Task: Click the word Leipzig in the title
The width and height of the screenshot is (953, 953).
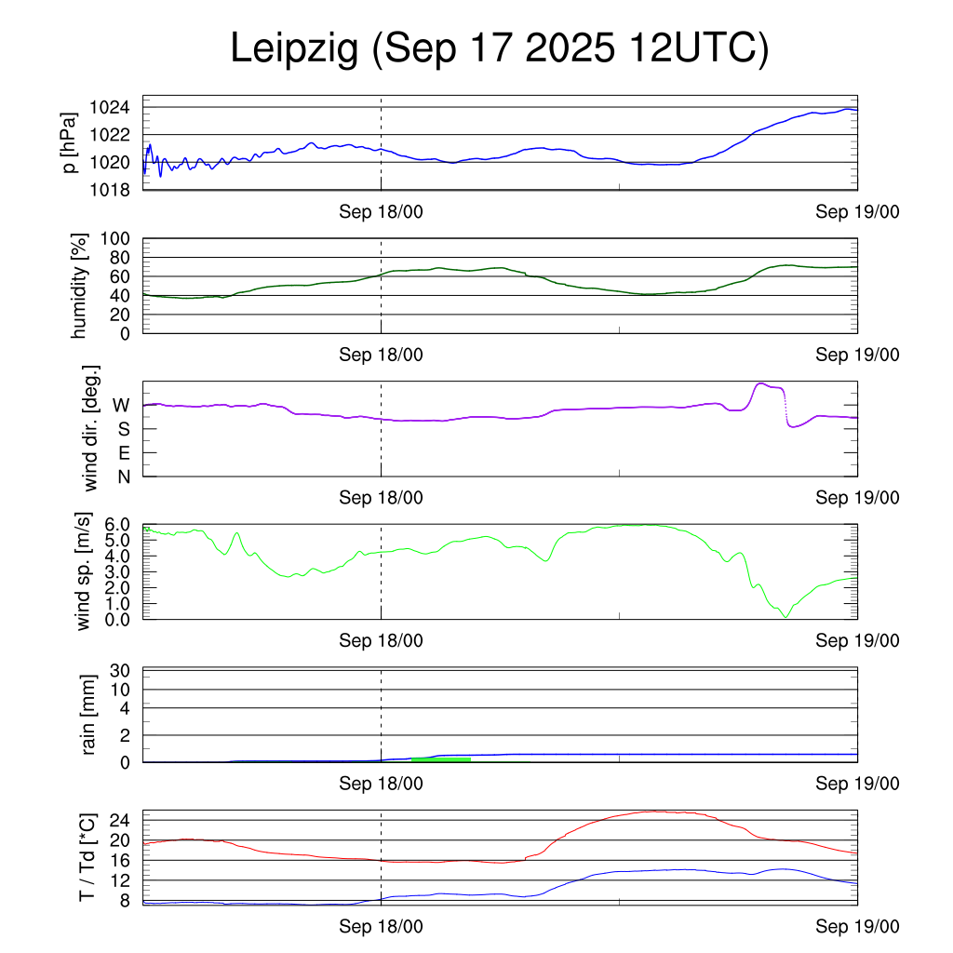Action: (x=294, y=49)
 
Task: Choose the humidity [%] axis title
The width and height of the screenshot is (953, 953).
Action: (x=80, y=286)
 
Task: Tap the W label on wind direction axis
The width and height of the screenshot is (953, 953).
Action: (x=121, y=405)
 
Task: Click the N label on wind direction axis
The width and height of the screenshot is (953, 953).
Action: (x=123, y=476)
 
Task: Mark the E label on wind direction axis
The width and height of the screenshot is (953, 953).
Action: (x=123, y=453)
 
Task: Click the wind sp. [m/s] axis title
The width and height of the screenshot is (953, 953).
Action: (x=85, y=571)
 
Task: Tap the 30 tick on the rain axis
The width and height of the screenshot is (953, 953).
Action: (x=121, y=670)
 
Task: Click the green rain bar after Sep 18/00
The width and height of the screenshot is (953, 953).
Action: (x=440, y=759)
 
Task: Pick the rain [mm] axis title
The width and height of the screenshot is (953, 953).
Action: (x=89, y=714)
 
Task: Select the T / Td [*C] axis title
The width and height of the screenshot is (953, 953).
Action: (x=87, y=857)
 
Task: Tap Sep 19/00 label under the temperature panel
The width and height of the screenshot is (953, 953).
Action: (x=857, y=926)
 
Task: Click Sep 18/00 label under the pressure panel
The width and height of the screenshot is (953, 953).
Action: (x=381, y=212)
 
